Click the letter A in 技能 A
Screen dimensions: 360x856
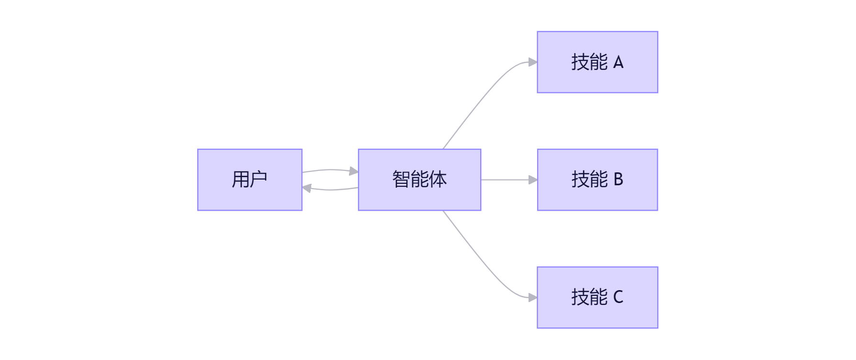point(618,62)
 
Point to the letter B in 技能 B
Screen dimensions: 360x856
point(618,180)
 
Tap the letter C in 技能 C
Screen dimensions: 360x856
point(618,297)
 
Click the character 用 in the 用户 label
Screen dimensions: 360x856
point(240,180)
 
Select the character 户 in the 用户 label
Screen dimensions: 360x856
point(259,180)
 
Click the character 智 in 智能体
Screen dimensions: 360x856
point(401,180)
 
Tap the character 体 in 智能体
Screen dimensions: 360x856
point(438,180)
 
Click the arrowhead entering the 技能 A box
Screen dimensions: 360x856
point(533,62)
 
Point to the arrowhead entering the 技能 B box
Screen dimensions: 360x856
point(533,180)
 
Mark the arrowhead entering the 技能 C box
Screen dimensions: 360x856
point(533,298)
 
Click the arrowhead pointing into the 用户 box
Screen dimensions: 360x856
point(307,189)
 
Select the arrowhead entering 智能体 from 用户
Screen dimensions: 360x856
point(354,171)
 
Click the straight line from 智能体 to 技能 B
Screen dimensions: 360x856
point(505,180)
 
